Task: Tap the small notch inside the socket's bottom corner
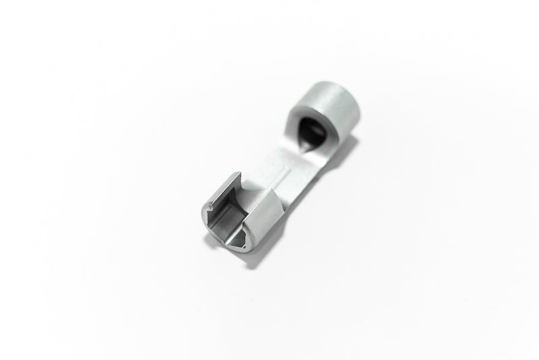pyautogui.click(x=236, y=237)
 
